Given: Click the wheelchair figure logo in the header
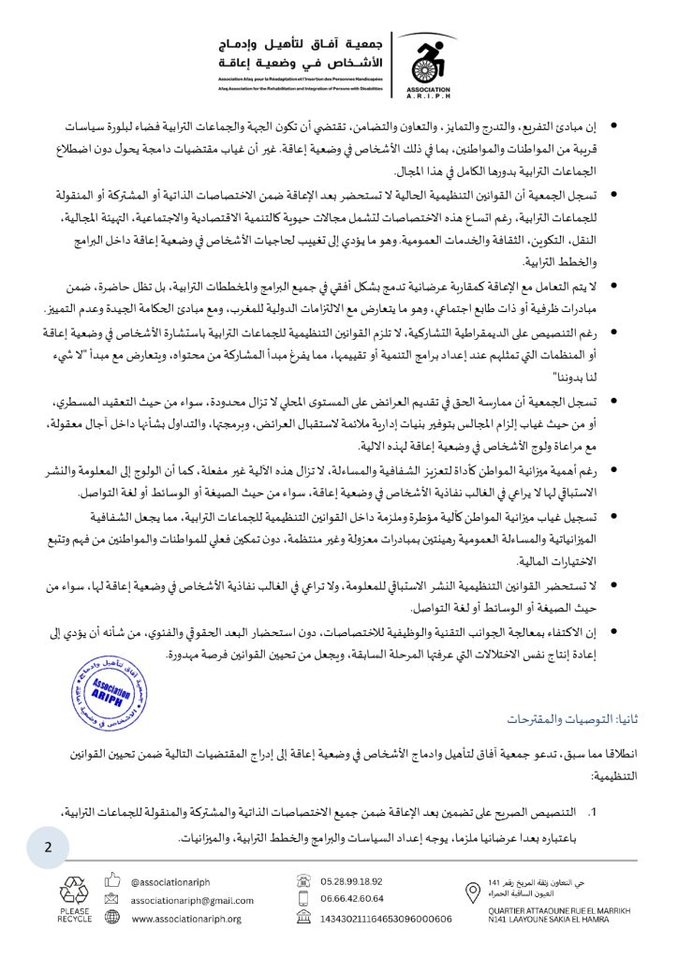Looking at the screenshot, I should click(x=430, y=53).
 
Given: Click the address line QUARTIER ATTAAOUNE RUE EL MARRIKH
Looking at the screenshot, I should click(x=560, y=909).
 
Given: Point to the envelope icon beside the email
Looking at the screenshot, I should click(x=112, y=900).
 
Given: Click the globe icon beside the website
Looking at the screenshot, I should click(x=112, y=919).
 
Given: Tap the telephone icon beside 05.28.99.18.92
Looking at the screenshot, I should click(x=303, y=881).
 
